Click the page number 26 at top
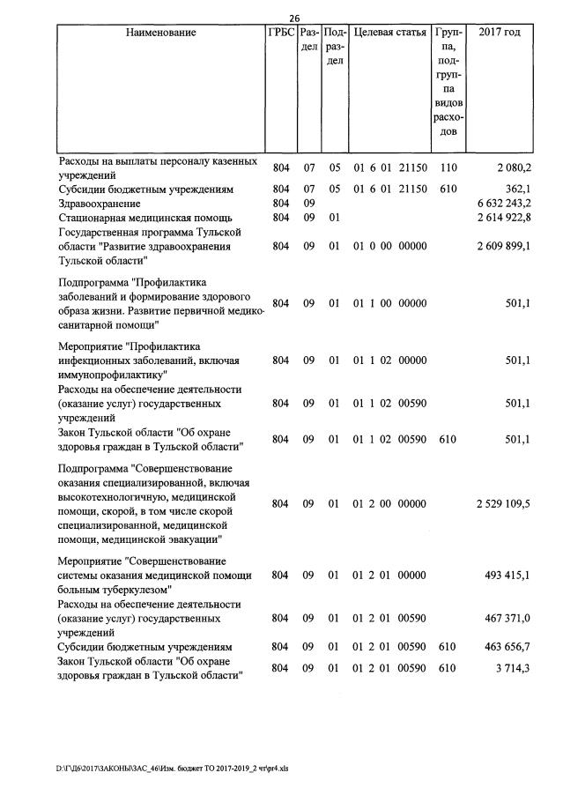(295, 17)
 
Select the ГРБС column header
(281, 33)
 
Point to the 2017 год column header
(499, 33)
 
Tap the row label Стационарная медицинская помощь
(145, 217)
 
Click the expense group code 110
(448, 167)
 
